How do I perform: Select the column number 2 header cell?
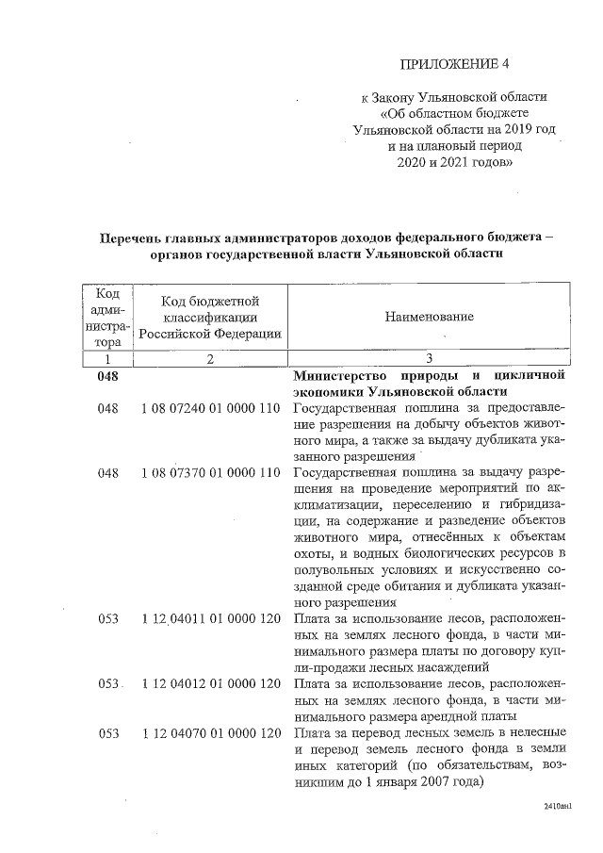click(209, 359)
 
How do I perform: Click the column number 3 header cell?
click(429, 359)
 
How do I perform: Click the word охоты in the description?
click(314, 553)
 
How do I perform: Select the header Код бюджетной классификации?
click(209, 317)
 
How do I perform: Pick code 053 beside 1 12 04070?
click(109, 731)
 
